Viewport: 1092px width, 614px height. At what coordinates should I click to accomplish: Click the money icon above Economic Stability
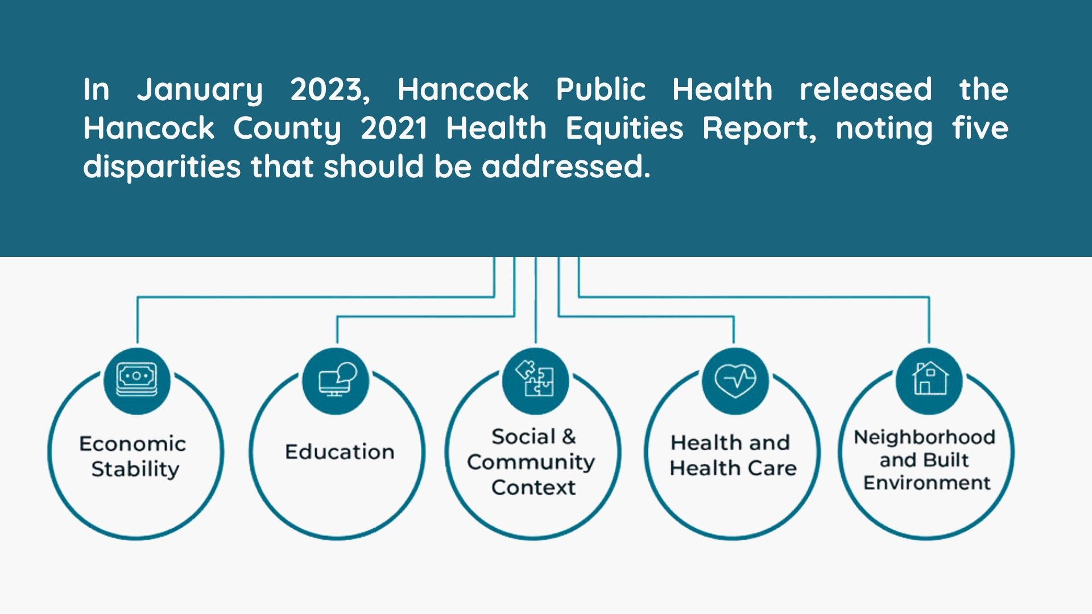coord(136,380)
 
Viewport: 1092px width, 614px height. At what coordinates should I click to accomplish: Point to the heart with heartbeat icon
coord(735,380)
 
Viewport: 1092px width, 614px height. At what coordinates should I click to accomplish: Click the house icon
coord(930,378)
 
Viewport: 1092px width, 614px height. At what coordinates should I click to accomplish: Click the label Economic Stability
coord(133,457)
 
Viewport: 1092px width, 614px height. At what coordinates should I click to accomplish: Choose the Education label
coord(340,452)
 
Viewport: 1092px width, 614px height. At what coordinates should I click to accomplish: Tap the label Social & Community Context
coord(532,462)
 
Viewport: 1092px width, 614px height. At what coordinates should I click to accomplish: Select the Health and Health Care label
coord(733,455)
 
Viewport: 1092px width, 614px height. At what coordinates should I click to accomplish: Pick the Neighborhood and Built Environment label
coord(925,460)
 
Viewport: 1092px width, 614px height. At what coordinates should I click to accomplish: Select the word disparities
coord(162,168)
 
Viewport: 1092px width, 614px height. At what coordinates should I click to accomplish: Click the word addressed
coord(566,167)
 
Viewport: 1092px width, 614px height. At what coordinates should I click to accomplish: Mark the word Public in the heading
coord(601,90)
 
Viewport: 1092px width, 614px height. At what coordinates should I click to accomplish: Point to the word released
coord(866,90)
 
